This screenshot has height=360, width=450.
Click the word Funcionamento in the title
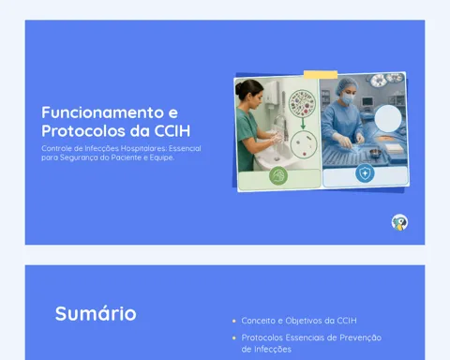click(x=103, y=112)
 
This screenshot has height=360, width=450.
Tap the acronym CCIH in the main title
click(x=172, y=131)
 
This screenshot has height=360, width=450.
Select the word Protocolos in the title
click(x=83, y=131)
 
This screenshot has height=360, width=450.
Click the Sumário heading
click(x=96, y=313)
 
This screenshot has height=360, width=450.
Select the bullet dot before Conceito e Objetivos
click(x=234, y=321)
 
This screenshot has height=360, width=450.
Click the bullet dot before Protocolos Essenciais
click(x=234, y=337)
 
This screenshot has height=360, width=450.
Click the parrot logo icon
click(x=399, y=222)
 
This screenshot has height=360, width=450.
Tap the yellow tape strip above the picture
click(x=321, y=75)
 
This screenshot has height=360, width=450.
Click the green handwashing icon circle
click(x=278, y=176)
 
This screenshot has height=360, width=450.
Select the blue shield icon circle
click(x=365, y=173)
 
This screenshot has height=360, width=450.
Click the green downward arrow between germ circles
click(x=303, y=124)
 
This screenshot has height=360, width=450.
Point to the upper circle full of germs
click(x=301, y=102)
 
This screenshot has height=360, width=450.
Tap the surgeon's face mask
click(x=348, y=98)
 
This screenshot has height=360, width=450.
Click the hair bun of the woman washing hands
click(x=239, y=88)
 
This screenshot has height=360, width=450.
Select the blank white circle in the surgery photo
click(x=388, y=118)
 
